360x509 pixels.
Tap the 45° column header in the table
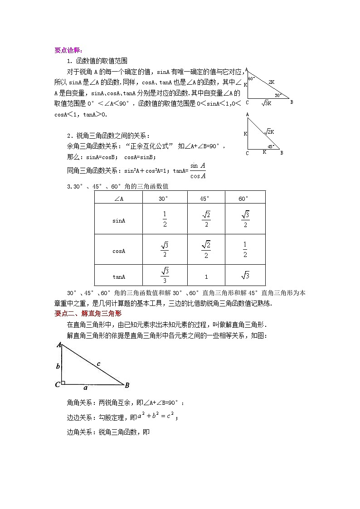205,198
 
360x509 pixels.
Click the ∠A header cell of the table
119,198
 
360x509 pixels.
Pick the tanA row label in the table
119,276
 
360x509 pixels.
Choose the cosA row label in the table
119,251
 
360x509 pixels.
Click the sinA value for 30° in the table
165,219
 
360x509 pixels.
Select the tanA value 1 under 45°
206,276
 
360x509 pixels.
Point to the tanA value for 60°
245,276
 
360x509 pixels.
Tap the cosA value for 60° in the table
245,250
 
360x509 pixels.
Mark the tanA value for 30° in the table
165,276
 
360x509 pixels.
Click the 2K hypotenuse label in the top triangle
271,82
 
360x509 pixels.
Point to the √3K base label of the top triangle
266,103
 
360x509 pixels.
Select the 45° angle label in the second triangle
270,146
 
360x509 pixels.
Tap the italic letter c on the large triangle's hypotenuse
98,363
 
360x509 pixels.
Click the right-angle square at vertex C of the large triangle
64,383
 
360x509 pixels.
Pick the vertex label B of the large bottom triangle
127,385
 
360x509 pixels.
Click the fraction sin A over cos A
198,171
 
